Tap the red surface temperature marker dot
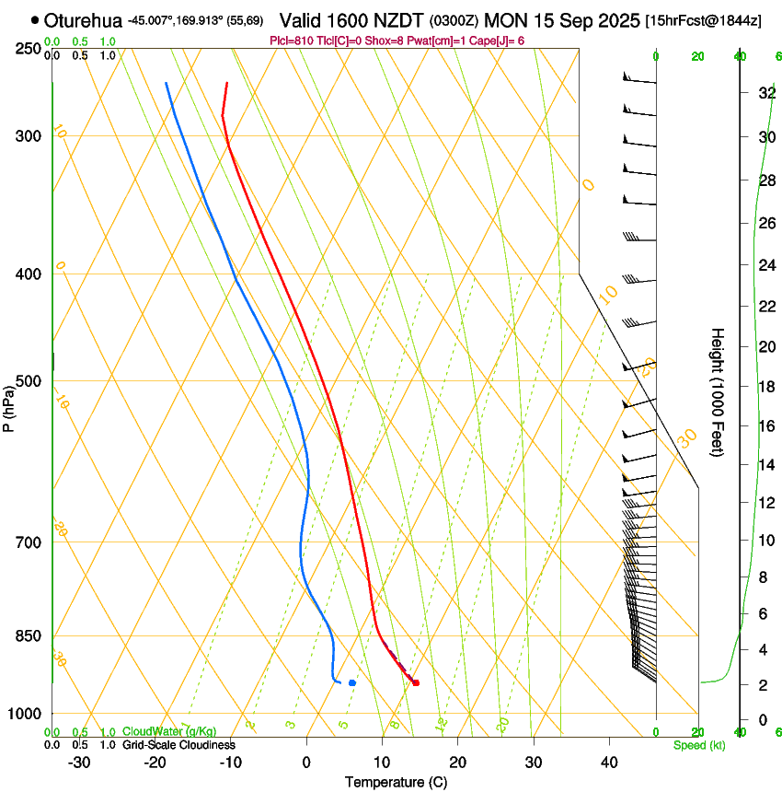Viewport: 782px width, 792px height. [x=416, y=682]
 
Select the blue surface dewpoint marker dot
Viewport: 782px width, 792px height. [x=352, y=682]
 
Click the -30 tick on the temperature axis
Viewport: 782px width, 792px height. [x=79, y=762]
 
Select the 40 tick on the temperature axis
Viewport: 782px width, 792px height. [x=608, y=762]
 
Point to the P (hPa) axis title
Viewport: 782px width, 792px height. [x=8, y=405]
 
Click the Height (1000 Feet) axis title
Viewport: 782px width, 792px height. [x=718, y=391]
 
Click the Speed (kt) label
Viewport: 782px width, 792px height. [x=698, y=745]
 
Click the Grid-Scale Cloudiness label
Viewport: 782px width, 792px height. [x=178, y=745]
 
